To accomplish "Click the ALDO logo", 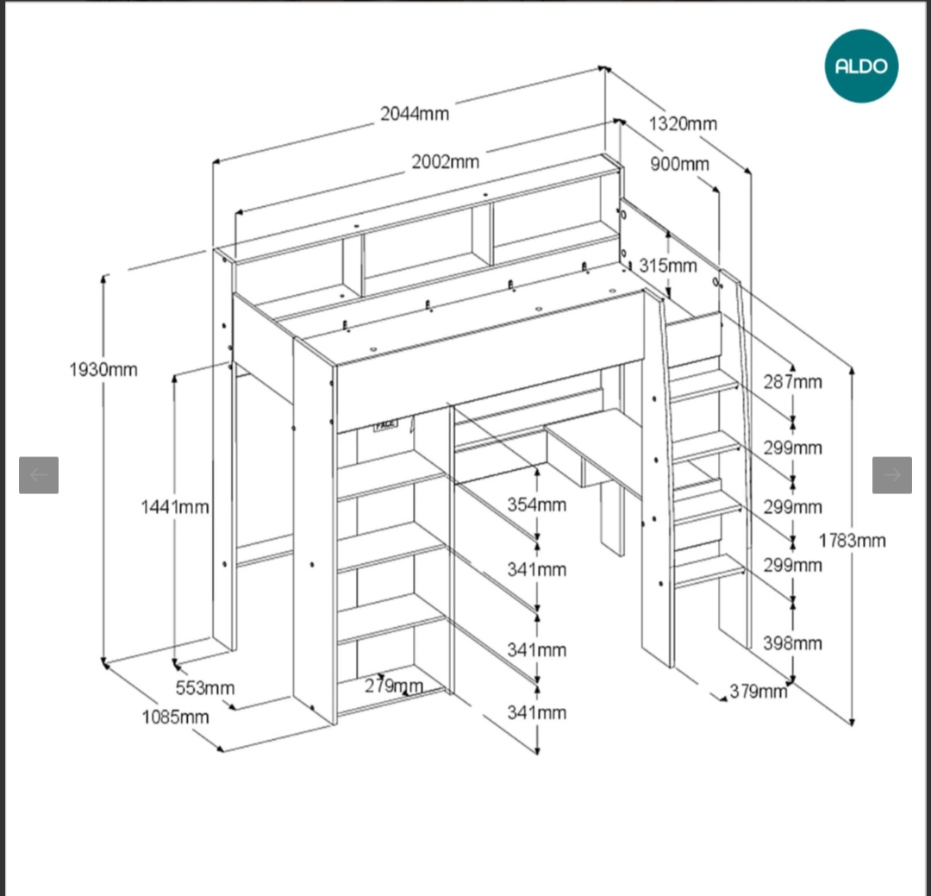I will [861, 66].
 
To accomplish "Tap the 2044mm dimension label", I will [415, 113].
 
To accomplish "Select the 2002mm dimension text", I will [445, 161].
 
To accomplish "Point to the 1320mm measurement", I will [683, 123].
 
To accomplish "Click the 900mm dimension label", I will [679, 164].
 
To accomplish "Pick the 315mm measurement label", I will [668, 265].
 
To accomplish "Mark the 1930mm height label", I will [103, 369].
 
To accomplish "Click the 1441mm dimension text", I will [175, 507].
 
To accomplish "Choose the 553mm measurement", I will [205, 688].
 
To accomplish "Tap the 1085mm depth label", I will [175, 717].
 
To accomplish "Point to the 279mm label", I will [393, 686].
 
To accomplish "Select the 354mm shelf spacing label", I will [536, 504].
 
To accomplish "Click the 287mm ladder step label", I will [792, 381].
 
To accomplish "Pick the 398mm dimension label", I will [792, 642].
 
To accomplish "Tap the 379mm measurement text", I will [759, 691].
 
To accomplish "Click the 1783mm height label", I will [853, 541].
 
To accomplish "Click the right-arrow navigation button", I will [891, 474].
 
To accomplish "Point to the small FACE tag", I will [385, 425].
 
